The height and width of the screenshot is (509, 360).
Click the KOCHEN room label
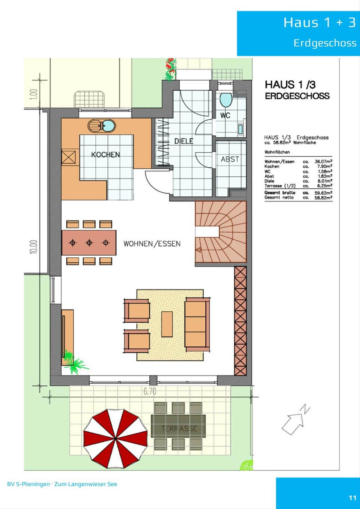106,155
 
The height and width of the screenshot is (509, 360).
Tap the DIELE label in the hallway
184,141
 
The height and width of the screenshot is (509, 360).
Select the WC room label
225,115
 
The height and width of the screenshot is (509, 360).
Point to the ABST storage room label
230,159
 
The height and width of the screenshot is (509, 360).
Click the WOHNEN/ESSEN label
152,244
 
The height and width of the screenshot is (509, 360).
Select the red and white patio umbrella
116,439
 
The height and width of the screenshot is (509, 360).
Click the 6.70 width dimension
150,391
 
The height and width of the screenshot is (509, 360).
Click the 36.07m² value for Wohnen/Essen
323,162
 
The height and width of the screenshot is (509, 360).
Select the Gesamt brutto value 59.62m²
323,193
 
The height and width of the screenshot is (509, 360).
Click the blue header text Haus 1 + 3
319,23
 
